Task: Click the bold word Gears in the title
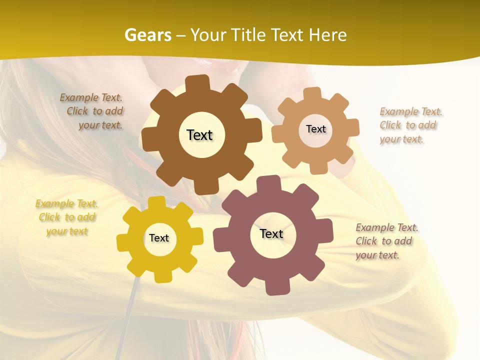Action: click(x=147, y=35)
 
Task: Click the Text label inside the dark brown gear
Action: click(x=199, y=135)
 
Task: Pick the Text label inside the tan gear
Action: click(x=315, y=129)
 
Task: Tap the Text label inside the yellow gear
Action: click(x=159, y=238)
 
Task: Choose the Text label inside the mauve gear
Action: click(x=271, y=233)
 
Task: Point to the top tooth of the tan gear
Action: click(x=312, y=93)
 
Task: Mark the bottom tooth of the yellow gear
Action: click(x=163, y=276)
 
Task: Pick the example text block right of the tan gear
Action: click(x=408, y=125)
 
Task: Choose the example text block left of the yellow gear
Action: click(x=66, y=217)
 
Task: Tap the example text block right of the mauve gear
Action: click(x=385, y=241)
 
